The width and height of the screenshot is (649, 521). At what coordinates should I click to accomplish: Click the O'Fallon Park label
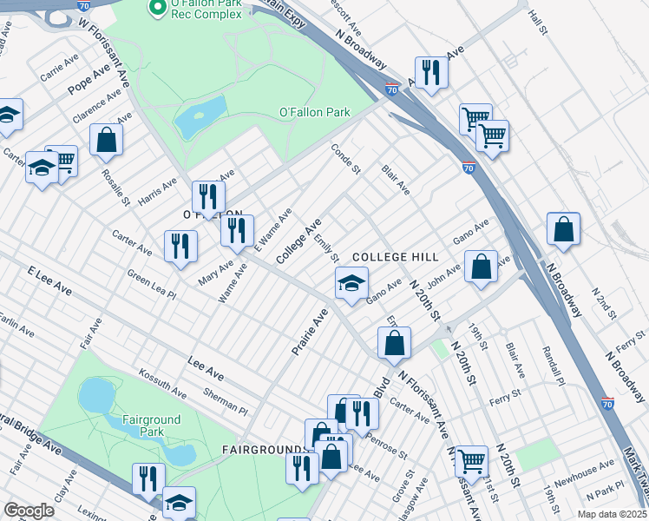coord(313,112)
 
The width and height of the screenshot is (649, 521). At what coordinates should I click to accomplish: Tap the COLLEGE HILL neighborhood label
coord(396,258)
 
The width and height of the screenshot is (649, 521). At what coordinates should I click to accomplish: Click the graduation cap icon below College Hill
coord(351,283)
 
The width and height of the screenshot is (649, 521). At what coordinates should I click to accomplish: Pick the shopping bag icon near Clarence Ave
coord(106,140)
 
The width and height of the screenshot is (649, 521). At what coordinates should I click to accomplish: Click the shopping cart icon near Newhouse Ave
coord(471,459)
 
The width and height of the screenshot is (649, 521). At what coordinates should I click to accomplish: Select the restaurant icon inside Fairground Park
coord(149,478)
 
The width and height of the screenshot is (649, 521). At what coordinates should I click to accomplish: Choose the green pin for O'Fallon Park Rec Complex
coord(157,9)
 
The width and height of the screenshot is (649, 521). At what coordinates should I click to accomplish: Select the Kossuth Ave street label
coord(162,383)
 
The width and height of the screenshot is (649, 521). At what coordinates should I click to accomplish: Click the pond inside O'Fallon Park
coord(200,117)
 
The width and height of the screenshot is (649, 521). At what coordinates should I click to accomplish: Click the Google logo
coord(29,511)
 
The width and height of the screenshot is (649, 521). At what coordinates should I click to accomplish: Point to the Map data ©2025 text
coord(611,514)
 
